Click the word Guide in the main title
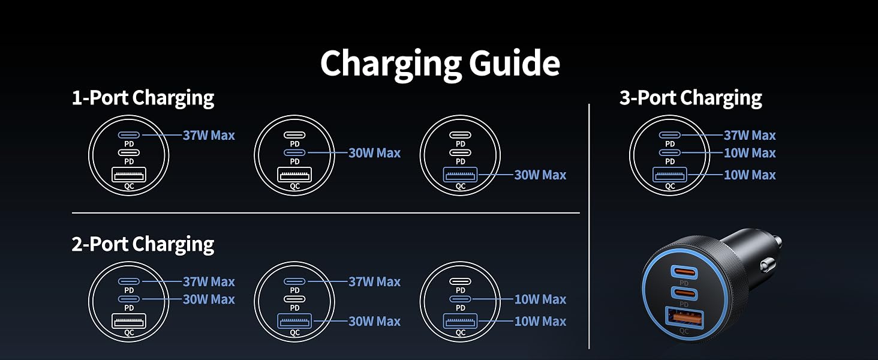pyautogui.click(x=514, y=64)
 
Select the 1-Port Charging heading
pyautogui.click(x=143, y=98)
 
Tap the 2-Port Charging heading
pyautogui.click(x=143, y=244)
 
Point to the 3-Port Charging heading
pyautogui.click(x=691, y=98)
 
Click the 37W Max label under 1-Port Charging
pyautogui.click(x=209, y=135)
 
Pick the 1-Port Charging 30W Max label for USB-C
pyautogui.click(x=375, y=153)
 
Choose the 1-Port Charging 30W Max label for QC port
pyautogui.click(x=540, y=175)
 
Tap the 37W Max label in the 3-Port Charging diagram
pyautogui.click(x=750, y=135)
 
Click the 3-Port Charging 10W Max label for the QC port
pyautogui.click(x=750, y=175)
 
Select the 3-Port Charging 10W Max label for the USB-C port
pyautogui.click(x=750, y=153)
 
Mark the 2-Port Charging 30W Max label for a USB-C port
pyautogui.click(x=209, y=299)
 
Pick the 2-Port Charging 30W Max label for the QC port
pyautogui.click(x=375, y=322)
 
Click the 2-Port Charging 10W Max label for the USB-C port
pyautogui.click(x=540, y=299)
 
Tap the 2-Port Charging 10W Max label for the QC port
pyautogui.click(x=540, y=322)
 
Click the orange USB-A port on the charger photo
pyautogui.click(x=684, y=318)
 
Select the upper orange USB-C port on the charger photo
pyautogui.click(x=684, y=272)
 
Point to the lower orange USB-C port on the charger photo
pyautogui.click(x=684, y=293)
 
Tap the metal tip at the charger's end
pyautogui.click(x=777, y=242)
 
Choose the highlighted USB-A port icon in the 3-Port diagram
pyautogui.click(x=670, y=175)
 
